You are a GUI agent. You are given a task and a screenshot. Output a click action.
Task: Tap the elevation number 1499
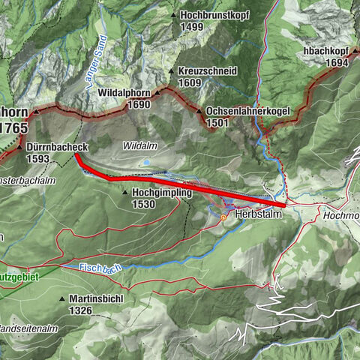click(192, 26)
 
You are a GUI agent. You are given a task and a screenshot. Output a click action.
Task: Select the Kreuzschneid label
click(208, 70)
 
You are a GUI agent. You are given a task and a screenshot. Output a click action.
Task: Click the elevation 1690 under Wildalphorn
click(139, 105)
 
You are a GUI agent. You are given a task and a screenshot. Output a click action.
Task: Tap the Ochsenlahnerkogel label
click(248, 112)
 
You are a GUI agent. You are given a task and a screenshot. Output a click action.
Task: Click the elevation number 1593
click(37, 159)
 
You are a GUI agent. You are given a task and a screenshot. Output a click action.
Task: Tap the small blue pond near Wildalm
click(147, 161)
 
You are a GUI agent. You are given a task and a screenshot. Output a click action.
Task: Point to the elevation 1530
click(143, 203)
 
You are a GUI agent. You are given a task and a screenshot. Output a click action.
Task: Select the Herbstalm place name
click(257, 214)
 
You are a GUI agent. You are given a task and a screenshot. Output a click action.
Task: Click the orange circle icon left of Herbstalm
click(223, 217)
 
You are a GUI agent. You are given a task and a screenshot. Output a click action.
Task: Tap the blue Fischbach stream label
click(100, 267)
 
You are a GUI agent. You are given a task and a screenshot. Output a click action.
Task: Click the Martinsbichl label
click(98, 298)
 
